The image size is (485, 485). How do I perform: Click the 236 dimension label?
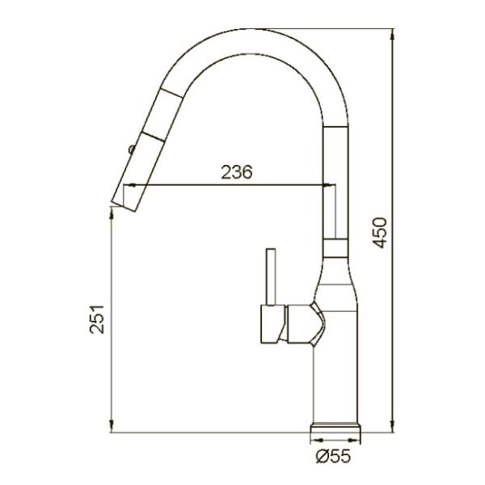click(x=237, y=173)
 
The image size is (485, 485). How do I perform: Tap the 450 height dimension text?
click(x=380, y=233)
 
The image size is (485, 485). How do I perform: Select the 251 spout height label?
click(x=97, y=319)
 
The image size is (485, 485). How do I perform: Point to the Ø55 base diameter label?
click(x=333, y=456)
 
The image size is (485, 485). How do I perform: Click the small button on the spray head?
click(x=132, y=149)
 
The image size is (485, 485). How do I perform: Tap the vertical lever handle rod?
click(x=272, y=276)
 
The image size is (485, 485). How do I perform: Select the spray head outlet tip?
click(x=124, y=207)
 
